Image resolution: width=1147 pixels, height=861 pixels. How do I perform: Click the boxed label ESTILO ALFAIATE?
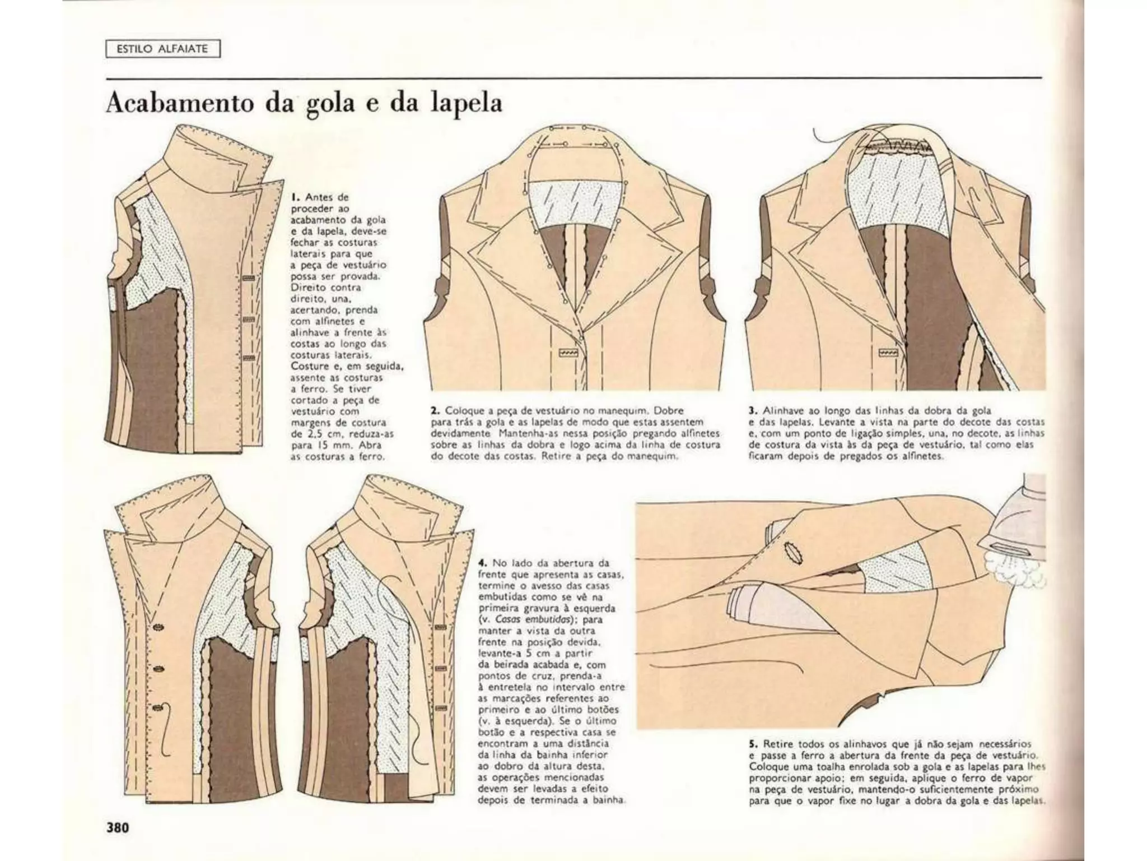[163, 49]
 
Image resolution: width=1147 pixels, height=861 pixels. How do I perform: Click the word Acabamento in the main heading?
[181, 104]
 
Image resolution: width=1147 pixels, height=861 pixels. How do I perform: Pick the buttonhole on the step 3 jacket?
[888, 353]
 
